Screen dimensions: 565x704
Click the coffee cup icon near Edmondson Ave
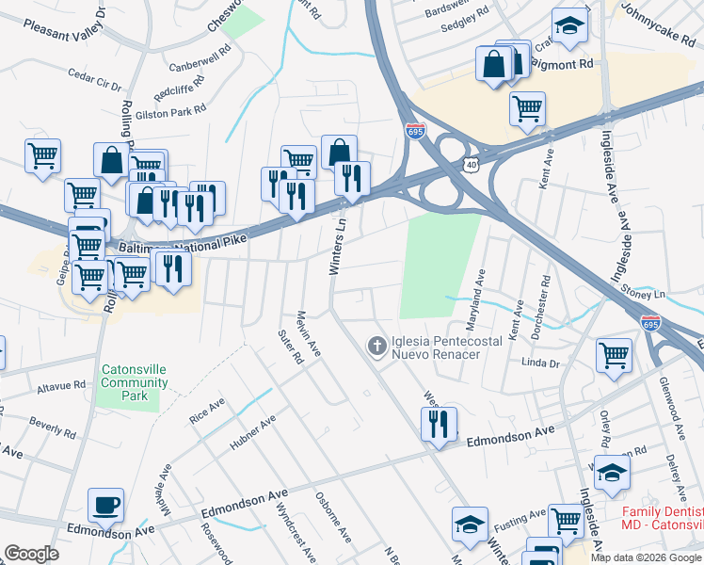point(105,504)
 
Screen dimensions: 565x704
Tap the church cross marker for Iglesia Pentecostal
point(376,347)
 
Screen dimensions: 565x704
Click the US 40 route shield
point(470,165)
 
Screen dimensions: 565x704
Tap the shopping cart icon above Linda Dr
point(614,356)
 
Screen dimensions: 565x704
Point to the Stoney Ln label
point(643,294)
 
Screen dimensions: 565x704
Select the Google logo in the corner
point(31,553)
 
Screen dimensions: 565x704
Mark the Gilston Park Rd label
point(169,112)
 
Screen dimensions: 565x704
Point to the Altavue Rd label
point(61,385)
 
